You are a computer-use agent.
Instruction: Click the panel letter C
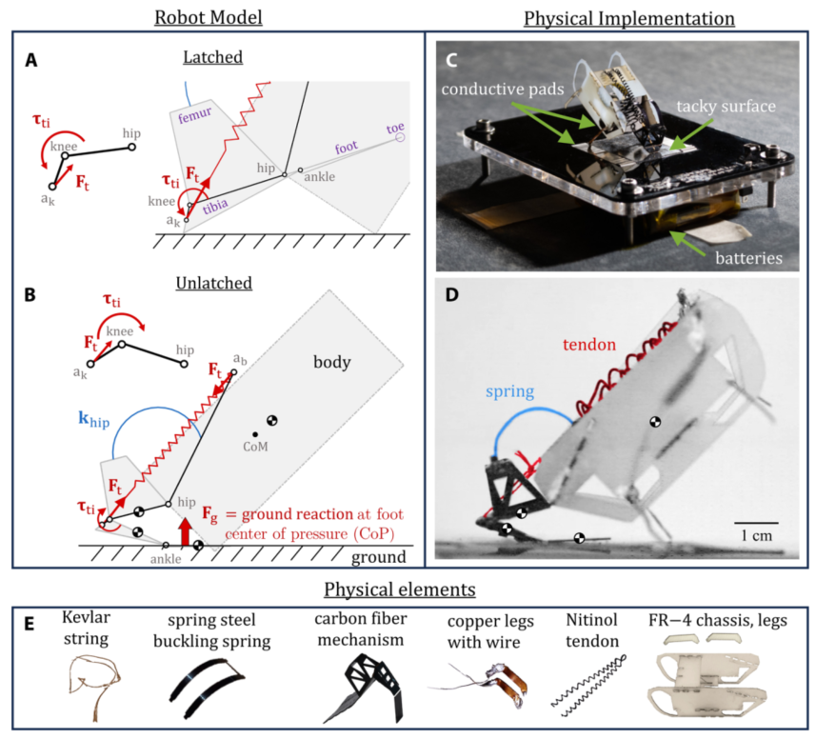pos(452,59)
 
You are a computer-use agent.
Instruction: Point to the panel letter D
pos(452,296)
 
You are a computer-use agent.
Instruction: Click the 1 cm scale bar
pos(757,522)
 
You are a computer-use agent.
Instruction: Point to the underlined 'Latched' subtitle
pos(213,57)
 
